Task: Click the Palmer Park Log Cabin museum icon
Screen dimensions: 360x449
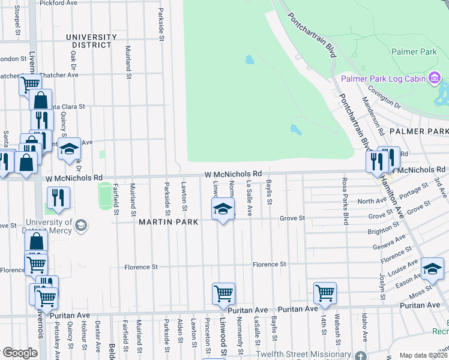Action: (x=435, y=78)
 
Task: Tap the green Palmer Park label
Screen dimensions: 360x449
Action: (x=414, y=52)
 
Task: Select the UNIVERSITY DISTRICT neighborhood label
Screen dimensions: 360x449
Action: (x=91, y=41)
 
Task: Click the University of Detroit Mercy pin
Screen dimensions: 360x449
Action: (x=82, y=226)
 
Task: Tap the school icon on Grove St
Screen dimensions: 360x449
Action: (x=223, y=209)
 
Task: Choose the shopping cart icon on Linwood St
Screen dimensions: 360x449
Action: (x=223, y=294)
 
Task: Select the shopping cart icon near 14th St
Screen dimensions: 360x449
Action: (x=325, y=293)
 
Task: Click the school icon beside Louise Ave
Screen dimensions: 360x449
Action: (x=432, y=269)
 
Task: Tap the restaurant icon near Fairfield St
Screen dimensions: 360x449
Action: (x=58, y=197)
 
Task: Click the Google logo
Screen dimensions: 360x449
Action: (x=19, y=353)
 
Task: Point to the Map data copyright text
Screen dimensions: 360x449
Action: (x=423, y=355)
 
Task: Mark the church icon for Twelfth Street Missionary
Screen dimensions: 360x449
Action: (x=360, y=356)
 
